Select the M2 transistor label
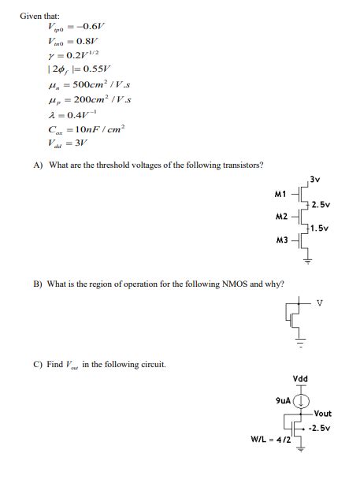[x=280, y=215]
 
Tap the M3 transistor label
[x=281, y=238]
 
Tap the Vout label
[x=322, y=414]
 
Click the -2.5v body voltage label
[x=319, y=428]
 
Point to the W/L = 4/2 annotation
[x=270, y=440]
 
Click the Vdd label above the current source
[x=301, y=379]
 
